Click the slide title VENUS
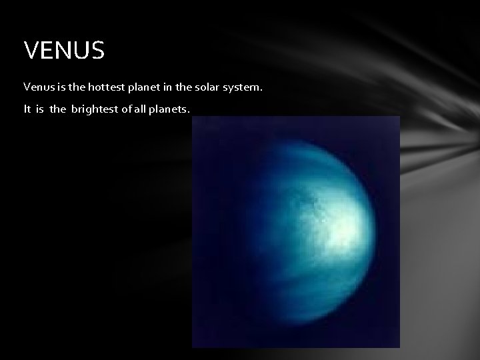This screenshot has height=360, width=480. click(x=64, y=51)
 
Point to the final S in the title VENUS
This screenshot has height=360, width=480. click(x=97, y=51)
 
